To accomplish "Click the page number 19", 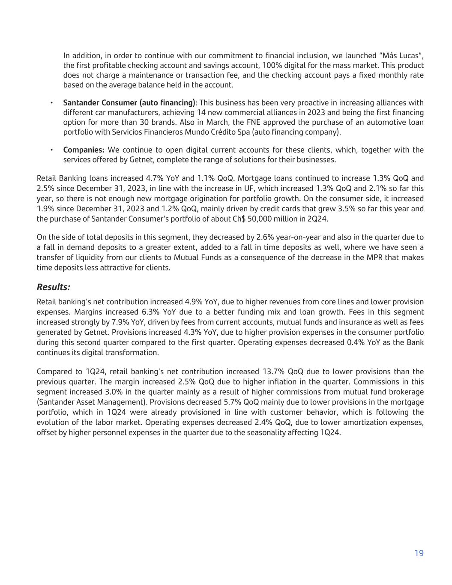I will pos(419,553).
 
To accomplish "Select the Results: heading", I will pos(53,287).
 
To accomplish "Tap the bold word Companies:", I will pos(84,150).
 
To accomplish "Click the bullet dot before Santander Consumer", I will pos(52,103).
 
